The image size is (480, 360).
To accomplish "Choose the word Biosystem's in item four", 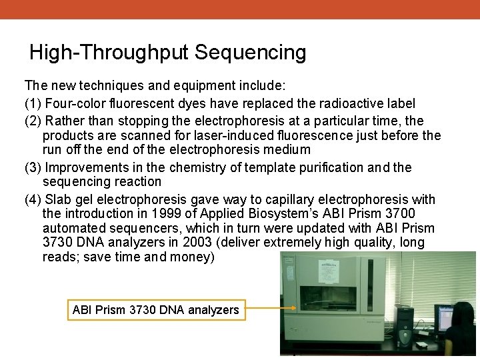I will tap(279, 213).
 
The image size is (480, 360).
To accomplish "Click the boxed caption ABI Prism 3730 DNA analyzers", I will tap(155, 309).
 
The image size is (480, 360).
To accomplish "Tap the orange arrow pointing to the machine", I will tap(263, 309).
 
